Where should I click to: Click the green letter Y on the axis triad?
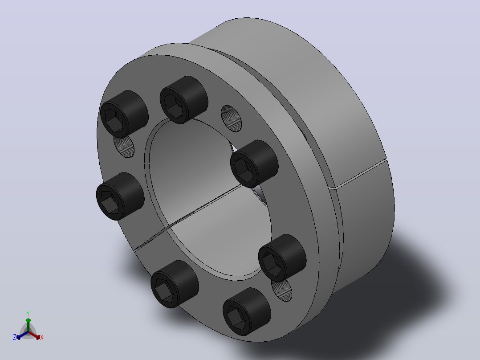[28, 313]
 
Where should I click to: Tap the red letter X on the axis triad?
[42, 337]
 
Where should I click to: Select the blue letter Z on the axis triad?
[14, 337]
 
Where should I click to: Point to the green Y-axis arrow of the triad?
[28, 325]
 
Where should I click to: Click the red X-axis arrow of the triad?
[34, 335]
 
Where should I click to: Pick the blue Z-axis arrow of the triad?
[22, 335]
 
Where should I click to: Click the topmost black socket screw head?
[183, 99]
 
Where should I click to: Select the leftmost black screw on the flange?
[120, 196]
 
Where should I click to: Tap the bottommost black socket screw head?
[246, 311]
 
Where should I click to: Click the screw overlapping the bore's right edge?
[254, 164]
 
